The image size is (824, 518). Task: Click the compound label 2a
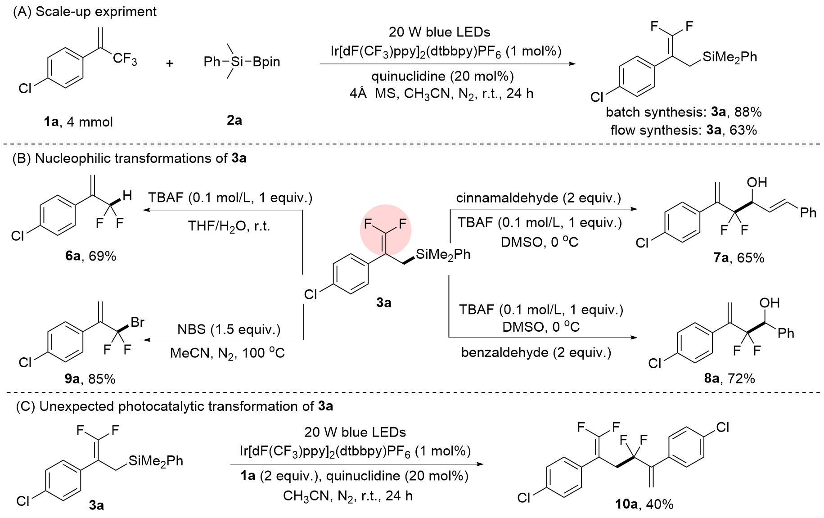click(x=234, y=120)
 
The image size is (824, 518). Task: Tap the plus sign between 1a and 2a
click(x=170, y=63)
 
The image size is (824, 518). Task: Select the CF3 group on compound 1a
click(x=125, y=59)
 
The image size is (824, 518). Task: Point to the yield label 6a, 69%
click(x=90, y=256)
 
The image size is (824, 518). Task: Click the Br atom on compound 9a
click(x=137, y=322)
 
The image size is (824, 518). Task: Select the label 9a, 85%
click(x=90, y=379)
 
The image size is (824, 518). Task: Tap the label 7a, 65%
click(x=738, y=258)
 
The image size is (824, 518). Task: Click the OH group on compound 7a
click(x=756, y=182)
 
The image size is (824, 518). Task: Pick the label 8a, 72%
click(x=729, y=378)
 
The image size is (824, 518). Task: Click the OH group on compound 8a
click(x=769, y=303)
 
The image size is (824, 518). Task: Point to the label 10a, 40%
click(x=644, y=504)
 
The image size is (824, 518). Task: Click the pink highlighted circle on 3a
click(x=385, y=230)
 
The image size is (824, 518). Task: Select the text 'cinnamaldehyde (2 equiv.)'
click(x=538, y=198)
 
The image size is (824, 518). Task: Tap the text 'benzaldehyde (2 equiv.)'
click(x=536, y=352)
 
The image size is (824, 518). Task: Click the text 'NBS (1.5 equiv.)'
click(x=229, y=329)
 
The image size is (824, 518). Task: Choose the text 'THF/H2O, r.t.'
click(x=229, y=226)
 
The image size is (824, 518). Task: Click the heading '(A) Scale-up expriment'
click(x=85, y=12)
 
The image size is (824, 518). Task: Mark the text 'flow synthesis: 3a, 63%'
click(x=683, y=131)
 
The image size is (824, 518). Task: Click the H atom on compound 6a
click(x=127, y=196)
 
